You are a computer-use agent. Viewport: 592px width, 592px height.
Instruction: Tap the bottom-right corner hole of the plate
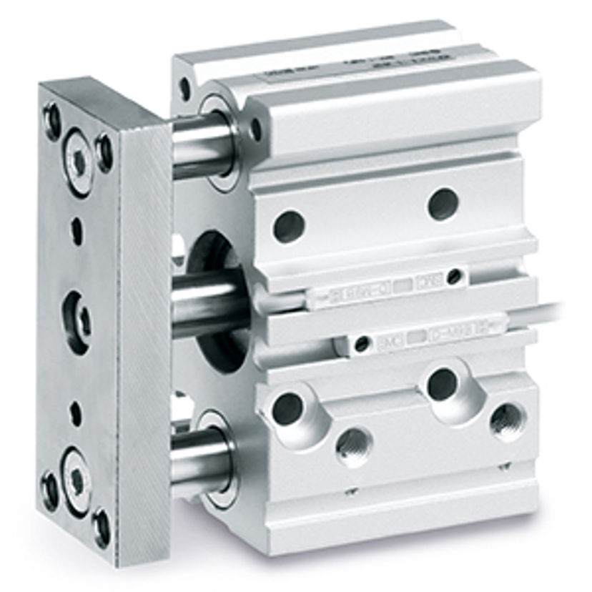(102, 527)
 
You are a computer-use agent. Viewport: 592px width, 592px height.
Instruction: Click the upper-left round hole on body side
(290, 226)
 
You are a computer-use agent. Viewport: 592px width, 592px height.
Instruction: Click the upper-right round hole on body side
(443, 204)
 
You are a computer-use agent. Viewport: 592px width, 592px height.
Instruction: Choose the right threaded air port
(508, 420)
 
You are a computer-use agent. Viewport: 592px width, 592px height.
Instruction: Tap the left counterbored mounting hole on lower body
(288, 407)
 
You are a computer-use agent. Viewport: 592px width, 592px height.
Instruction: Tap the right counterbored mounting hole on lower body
(443, 385)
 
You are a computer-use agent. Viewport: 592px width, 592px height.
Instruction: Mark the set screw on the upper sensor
(453, 277)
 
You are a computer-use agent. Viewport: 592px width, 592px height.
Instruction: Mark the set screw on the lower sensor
(363, 345)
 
